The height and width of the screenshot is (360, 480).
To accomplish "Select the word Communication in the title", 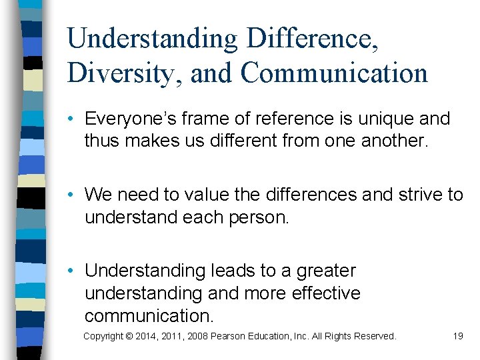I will (335, 73).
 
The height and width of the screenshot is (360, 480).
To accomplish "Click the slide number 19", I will (457, 336).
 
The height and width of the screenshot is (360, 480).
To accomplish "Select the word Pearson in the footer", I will (229, 336).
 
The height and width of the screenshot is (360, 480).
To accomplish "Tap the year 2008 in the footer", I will (197, 336).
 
